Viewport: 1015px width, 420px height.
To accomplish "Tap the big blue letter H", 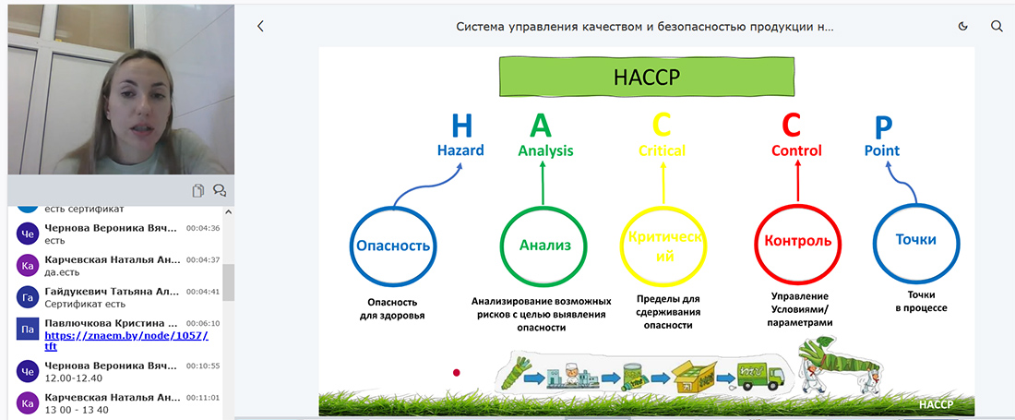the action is pyautogui.click(x=460, y=126).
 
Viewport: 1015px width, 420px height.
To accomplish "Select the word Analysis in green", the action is pyautogui.click(x=545, y=150).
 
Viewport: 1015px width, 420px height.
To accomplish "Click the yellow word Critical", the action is pyautogui.click(x=662, y=150).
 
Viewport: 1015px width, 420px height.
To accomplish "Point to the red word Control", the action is pyautogui.click(x=796, y=150).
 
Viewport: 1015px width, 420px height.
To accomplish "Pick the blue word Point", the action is pyautogui.click(x=881, y=150).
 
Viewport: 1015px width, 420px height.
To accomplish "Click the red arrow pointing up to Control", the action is pyautogui.click(x=797, y=181).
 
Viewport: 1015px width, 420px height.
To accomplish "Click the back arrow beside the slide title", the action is pyautogui.click(x=260, y=27).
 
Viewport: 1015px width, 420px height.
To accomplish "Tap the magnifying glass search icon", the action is pyautogui.click(x=997, y=27).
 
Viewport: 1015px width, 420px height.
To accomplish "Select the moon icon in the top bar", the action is pyautogui.click(x=962, y=27).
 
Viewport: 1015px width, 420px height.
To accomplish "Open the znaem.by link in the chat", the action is pyautogui.click(x=126, y=341).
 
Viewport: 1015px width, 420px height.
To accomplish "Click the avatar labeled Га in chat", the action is pyautogui.click(x=28, y=296).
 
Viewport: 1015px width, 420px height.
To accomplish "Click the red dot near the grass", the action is pyautogui.click(x=457, y=372).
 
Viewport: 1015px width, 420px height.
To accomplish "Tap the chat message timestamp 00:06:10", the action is pyautogui.click(x=203, y=323).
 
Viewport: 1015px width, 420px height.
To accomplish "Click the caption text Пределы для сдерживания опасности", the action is pyautogui.click(x=669, y=312).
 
